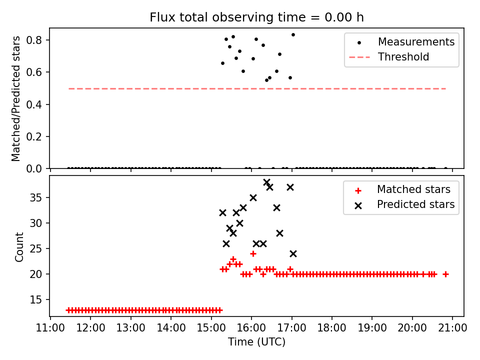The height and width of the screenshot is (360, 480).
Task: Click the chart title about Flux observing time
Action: coord(256,17)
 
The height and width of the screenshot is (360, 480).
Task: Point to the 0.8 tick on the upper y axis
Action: coord(39,40)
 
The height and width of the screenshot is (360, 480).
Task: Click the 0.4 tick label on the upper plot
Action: coord(39,104)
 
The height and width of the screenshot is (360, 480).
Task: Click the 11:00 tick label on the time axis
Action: coord(50,329)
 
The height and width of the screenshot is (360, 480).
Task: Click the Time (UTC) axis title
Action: coord(256,342)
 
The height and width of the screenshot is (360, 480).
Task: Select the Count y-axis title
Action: coord(19,246)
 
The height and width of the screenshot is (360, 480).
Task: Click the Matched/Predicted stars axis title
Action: coord(16,98)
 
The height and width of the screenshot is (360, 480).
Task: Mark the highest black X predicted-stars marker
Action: coord(266,182)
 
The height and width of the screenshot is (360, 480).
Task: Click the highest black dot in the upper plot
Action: coord(293,34)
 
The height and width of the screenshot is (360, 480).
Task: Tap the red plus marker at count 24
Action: coord(253,253)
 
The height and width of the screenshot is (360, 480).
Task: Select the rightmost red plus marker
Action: coord(445,274)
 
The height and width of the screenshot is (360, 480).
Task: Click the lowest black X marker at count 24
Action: coord(293,253)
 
